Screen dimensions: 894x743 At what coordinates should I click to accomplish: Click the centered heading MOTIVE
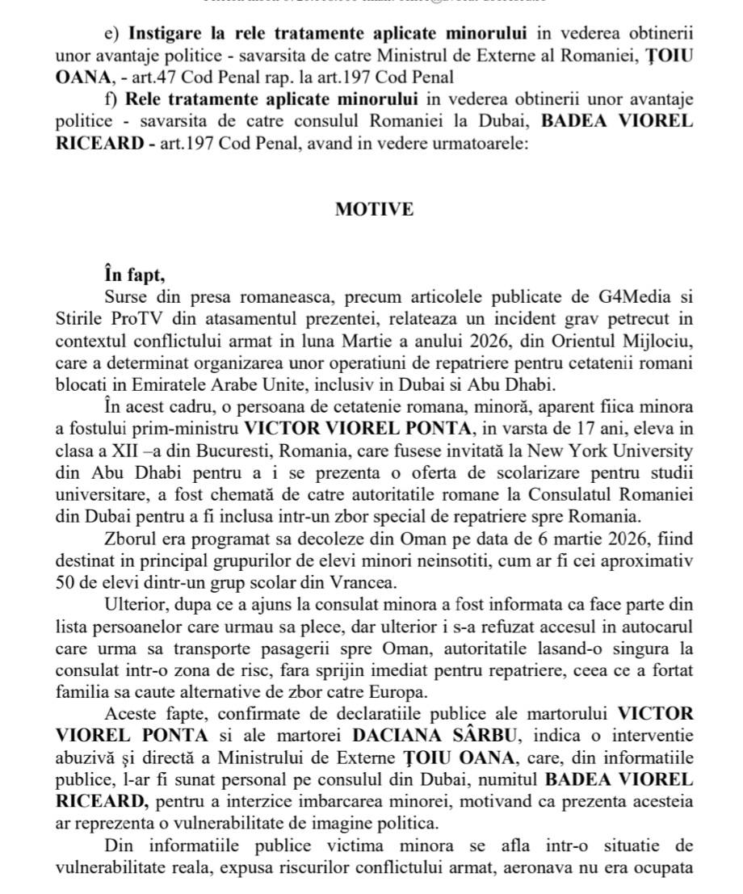coord(374,209)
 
